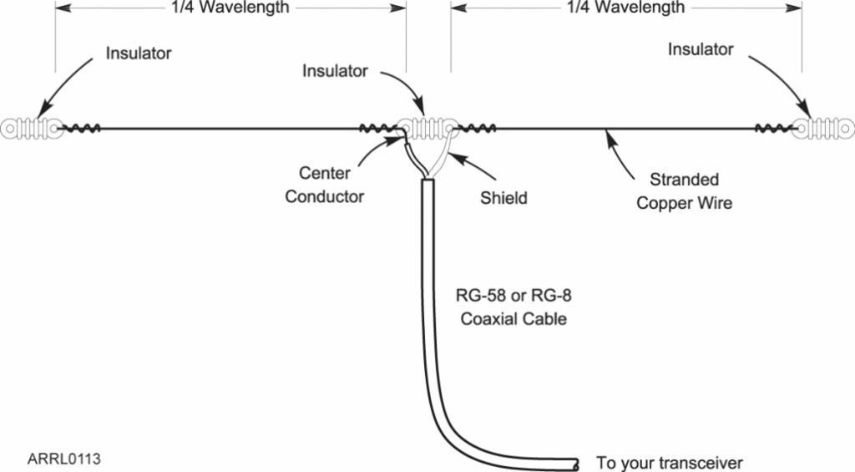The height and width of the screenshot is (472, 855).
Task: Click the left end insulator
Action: click(x=30, y=129)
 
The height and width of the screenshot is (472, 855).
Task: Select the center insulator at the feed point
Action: click(x=427, y=129)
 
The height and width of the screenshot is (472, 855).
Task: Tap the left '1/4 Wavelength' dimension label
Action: click(x=225, y=8)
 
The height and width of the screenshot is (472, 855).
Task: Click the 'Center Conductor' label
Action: click(x=324, y=185)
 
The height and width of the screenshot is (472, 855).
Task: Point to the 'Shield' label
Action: click(x=503, y=198)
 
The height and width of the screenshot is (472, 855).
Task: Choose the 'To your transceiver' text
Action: click(x=669, y=463)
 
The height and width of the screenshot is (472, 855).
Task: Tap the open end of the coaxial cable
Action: click(x=577, y=462)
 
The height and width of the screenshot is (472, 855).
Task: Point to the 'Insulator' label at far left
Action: click(x=139, y=53)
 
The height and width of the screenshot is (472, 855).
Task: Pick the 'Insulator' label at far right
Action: click(x=701, y=49)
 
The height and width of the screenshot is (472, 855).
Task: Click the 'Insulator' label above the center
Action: click(x=335, y=71)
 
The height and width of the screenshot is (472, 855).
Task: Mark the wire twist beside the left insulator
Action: click(x=83, y=129)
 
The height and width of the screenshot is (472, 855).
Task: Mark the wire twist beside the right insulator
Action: click(x=772, y=129)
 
